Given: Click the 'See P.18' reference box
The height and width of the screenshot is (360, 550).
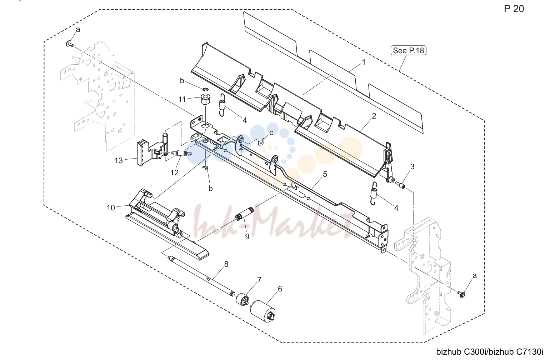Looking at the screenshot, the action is (x=408, y=50).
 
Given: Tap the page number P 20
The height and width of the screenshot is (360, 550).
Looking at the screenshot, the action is (x=514, y=9).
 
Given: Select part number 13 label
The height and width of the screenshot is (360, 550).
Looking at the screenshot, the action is (x=119, y=161).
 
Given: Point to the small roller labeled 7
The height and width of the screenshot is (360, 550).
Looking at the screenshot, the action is (x=242, y=299).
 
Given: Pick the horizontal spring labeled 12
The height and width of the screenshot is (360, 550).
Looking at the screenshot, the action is (x=182, y=154).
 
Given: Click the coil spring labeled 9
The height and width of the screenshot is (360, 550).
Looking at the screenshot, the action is (x=245, y=214).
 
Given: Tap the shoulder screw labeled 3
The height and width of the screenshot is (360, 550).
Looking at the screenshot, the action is (x=400, y=185).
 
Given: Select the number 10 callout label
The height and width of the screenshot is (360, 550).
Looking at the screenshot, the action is (x=111, y=208).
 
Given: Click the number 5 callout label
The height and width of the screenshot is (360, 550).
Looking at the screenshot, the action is (x=325, y=174).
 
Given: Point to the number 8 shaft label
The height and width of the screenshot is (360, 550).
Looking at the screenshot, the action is (x=226, y=264).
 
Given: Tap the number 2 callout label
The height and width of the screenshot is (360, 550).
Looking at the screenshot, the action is (x=374, y=116).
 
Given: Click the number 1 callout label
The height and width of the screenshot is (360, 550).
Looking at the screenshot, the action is (x=364, y=62).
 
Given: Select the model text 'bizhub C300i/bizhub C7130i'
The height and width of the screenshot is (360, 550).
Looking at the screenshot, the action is (x=490, y=352).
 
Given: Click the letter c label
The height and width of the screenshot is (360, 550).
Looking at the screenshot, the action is (x=271, y=133).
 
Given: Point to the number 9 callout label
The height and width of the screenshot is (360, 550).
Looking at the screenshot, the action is (x=247, y=236).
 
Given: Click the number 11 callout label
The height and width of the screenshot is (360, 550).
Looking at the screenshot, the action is (x=182, y=99).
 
